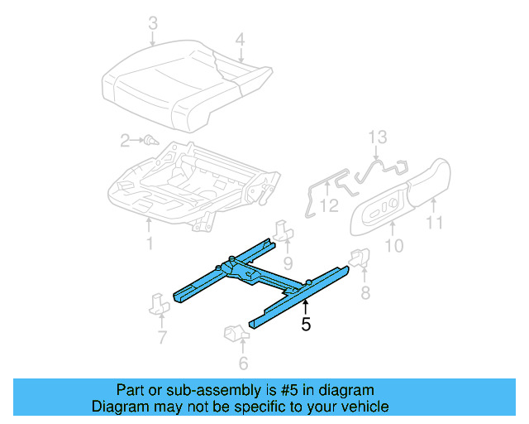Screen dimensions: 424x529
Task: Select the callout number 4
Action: coord(240,38)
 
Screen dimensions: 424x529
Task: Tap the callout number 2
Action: coord(125,141)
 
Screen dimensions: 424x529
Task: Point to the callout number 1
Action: coord(149,243)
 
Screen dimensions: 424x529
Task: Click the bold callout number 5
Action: coord(306,325)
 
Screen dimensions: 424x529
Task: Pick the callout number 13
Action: coord(377,137)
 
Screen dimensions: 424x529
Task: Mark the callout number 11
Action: coord(434,222)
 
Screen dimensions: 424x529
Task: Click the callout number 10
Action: coord(394,245)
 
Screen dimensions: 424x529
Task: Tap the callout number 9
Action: coord(288,263)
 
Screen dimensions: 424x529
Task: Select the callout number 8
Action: coord(365,292)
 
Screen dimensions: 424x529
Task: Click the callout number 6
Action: coord(242,363)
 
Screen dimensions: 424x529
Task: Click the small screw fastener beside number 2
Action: coord(150,141)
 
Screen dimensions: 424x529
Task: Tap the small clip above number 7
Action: coord(160,302)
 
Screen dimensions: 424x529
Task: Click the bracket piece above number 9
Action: coord(284,230)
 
